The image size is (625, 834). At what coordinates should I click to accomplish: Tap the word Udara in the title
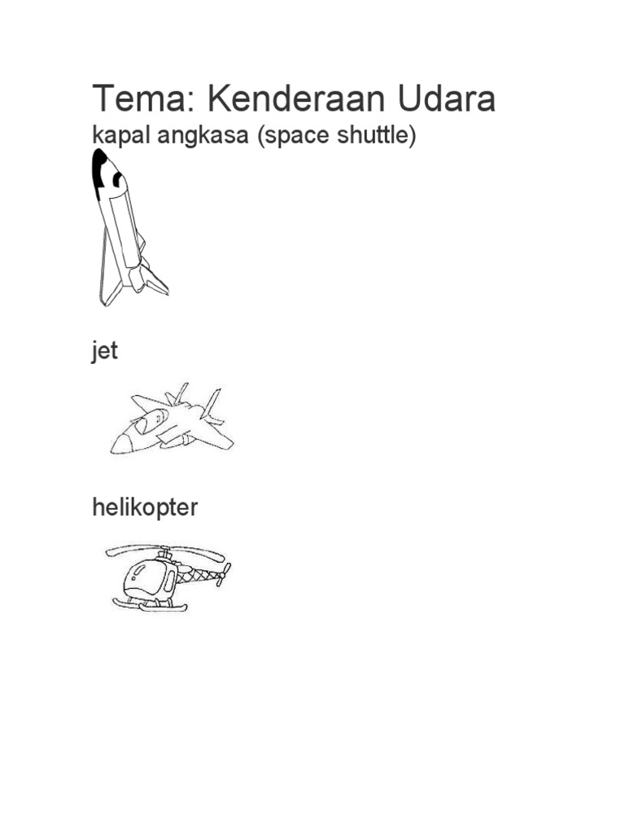446,99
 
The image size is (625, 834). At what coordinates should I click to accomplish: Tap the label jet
104,352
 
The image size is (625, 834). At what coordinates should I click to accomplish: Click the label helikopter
144,508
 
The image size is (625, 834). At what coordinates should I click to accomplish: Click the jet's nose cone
121,444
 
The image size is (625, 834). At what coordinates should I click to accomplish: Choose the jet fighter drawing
173,419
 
